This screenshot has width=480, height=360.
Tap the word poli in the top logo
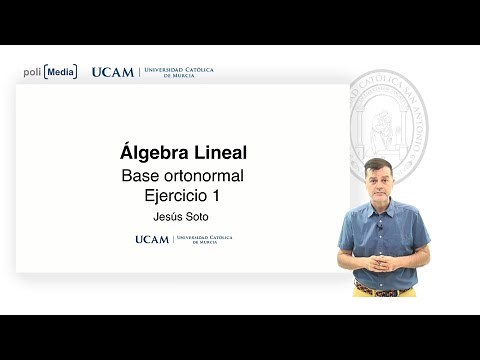pos(32,72)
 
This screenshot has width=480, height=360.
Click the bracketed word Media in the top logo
pos(60,72)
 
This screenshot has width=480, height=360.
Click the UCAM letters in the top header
pos(112,72)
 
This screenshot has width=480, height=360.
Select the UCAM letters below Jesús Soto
pos(152,240)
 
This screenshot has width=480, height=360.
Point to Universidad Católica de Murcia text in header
pos(180,72)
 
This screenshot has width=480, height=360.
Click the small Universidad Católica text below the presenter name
pos(204,240)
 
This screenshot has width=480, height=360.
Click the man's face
pos(377,181)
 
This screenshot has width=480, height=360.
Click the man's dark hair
pos(377,163)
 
